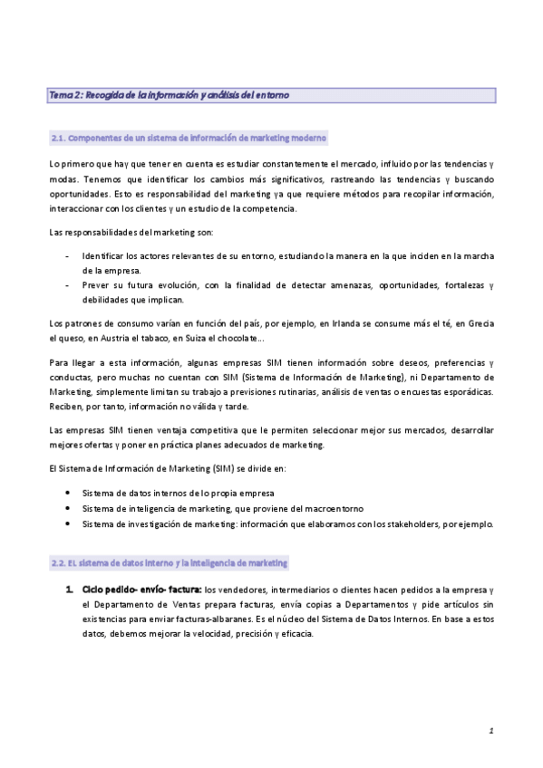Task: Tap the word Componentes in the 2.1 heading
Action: (97, 138)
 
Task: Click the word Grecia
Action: (480, 324)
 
